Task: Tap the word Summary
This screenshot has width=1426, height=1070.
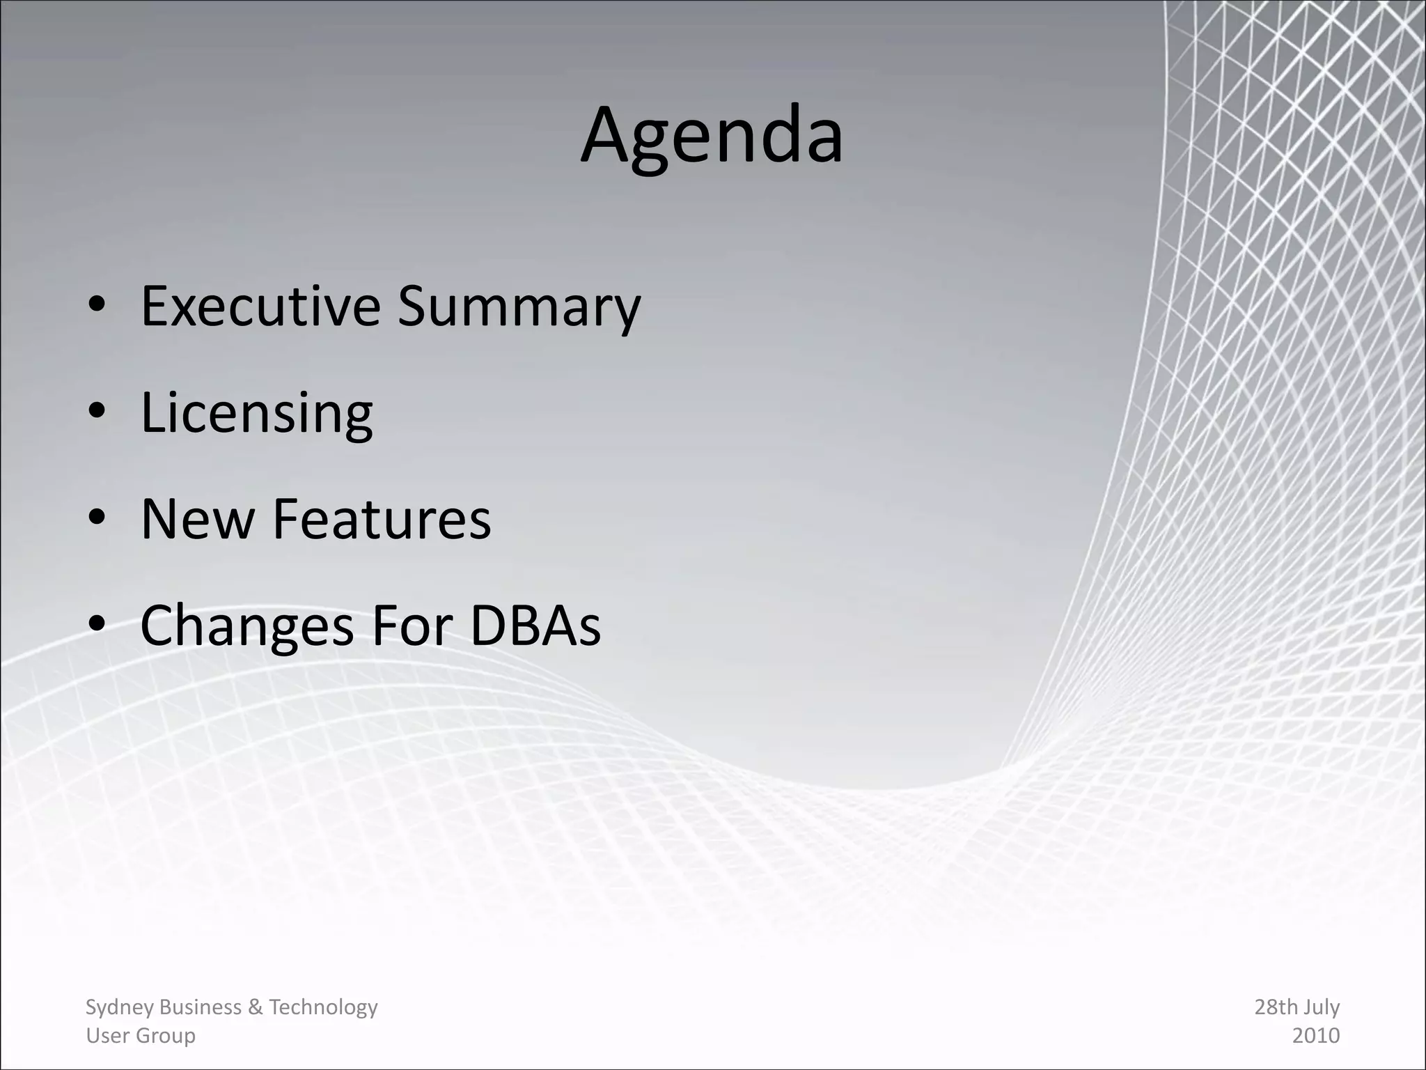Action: (519, 307)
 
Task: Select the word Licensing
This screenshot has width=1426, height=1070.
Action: (256, 412)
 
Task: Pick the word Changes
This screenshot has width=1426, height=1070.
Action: (247, 626)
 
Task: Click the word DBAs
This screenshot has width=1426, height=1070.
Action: (535, 626)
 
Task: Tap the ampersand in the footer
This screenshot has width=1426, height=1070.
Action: (255, 1007)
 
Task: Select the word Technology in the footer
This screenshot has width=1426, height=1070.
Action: (323, 1007)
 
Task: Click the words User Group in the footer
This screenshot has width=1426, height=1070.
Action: (140, 1036)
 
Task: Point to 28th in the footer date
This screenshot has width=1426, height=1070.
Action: (1276, 1007)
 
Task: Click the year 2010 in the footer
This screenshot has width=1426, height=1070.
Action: (1315, 1036)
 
